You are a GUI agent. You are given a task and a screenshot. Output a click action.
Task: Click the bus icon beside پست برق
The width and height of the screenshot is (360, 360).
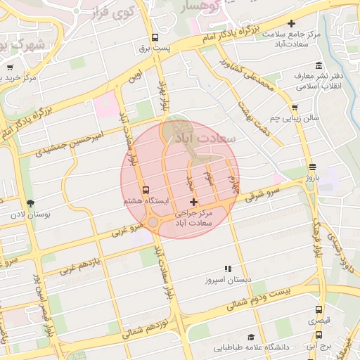pyautogui.click(x=155, y=38)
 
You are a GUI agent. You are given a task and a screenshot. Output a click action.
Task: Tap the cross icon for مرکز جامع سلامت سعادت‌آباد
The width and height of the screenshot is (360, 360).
pyautogui.click(x=310, y=24)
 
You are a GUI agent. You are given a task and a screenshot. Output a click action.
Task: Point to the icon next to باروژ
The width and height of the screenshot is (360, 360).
pyautogui.click(x=311, y=167)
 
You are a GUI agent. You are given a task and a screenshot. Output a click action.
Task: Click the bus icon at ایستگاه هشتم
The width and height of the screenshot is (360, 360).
pyautogui.click(x=146, y=190)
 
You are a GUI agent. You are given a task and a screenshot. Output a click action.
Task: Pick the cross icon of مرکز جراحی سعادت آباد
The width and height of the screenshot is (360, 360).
pyautogui.click(x=194, y=202)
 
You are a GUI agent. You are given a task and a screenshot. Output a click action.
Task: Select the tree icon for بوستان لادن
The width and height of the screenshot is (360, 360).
pyautogui.click(x=29, y=202)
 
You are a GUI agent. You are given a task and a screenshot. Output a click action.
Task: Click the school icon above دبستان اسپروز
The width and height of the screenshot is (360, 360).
pyautogui.click(x=227, y=269)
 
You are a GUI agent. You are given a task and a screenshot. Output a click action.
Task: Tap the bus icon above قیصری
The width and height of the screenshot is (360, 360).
pyautogui.click(x=319, y=309)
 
